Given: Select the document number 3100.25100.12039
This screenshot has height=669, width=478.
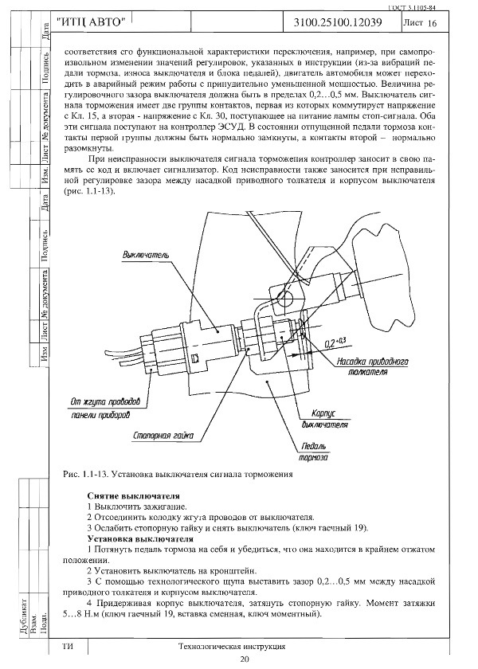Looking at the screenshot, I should pyautogui.click(x=343, y=24).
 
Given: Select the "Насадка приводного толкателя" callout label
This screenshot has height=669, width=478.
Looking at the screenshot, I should pyautogui.click(x=371, y=366).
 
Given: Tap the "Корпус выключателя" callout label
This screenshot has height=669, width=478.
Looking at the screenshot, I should pyautogui.click(x=315, y=420).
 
